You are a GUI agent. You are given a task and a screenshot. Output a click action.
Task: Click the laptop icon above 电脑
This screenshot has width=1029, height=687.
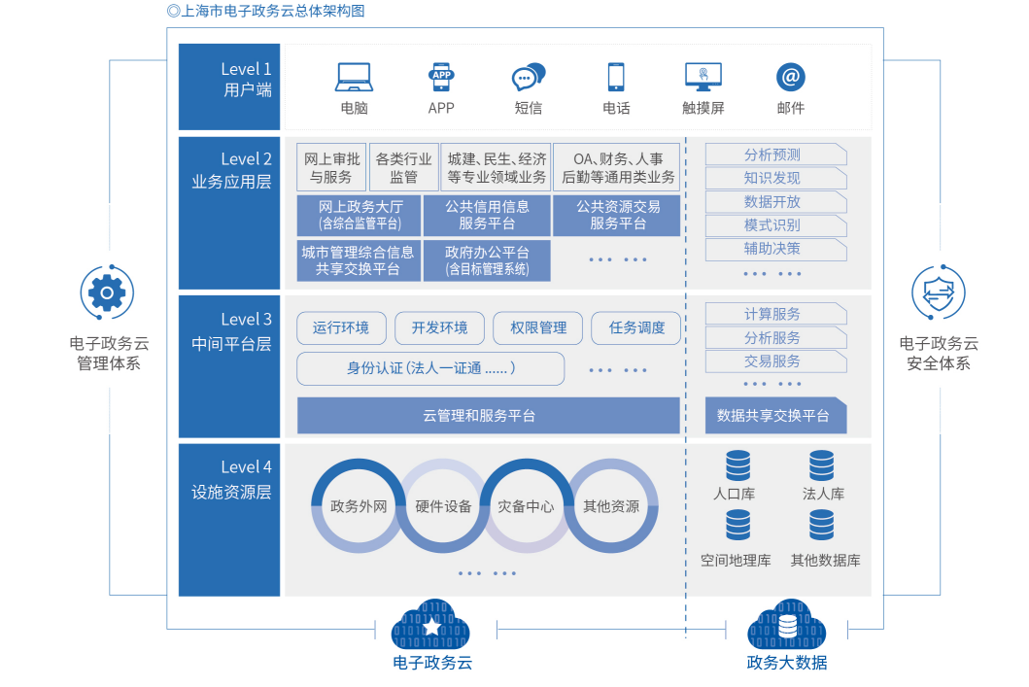[x=354, y=76]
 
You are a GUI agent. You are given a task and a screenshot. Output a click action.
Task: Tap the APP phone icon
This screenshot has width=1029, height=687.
[x=441, y=76]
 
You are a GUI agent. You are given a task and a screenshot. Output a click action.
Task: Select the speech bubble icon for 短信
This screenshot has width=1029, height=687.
[x=529, y=76]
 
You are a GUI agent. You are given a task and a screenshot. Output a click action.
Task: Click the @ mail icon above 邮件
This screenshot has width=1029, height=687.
[x=791, y=77]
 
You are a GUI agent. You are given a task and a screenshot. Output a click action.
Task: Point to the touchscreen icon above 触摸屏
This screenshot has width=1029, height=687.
[x=703, y=76]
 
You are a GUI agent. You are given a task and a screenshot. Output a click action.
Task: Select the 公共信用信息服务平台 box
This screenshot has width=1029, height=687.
[x=487, y=215]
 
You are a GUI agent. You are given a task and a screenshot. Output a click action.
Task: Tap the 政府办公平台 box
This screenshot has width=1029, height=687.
[x=487, y=260]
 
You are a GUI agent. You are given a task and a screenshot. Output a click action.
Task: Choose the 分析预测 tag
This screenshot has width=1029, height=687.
[x=774, y=155]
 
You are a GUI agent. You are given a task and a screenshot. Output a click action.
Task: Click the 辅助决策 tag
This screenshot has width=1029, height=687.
[x=774, y=249]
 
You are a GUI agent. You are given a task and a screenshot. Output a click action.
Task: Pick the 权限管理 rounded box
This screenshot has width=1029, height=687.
[x=537, y=328]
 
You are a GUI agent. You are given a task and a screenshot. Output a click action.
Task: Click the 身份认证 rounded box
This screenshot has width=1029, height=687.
[x=430, y=368]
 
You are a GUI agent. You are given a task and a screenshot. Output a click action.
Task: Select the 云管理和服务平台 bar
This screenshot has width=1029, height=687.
[x=488, y=416]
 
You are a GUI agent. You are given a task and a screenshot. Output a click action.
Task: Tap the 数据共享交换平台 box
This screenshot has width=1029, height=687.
[x=774, y=416]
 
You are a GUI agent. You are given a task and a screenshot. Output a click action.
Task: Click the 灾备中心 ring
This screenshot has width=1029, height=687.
[x=526, y=506]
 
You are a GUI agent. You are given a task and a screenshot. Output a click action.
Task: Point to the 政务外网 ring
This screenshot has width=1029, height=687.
[x=359, y=506]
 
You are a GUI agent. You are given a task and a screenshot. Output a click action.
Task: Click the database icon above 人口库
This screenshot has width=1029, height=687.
[x=737, y=465]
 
